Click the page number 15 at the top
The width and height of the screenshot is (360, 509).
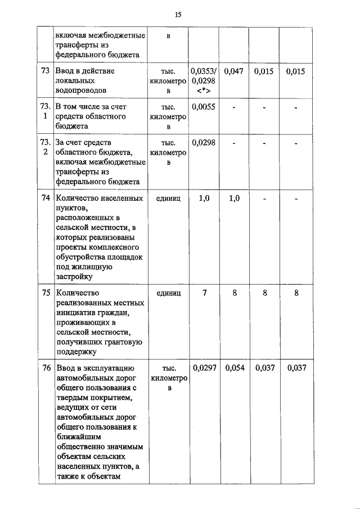pyautogui.click(x=178, y=14)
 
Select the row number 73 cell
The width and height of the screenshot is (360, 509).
pyautogui.click(x=45, y=71)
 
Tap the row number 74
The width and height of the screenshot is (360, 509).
pyautogui.click(x=45, y=199)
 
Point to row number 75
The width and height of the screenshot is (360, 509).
pyautogui.click(x=45, y=292)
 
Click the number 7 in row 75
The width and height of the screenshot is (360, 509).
pyautogui.click(x=203, y=292)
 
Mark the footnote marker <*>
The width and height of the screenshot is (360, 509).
pyautogui.click(x=203, y=91)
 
